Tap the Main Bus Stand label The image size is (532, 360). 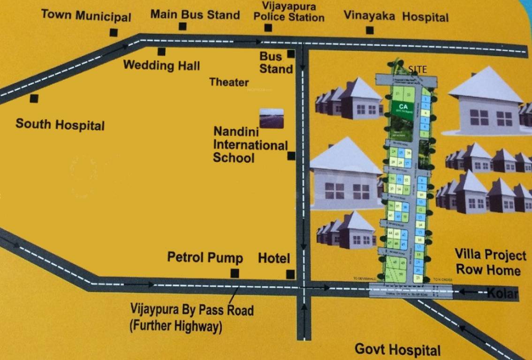coord(195,15)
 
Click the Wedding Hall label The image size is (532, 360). coord(161,65)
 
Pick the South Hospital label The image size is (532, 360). coord(60,125)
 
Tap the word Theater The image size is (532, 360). coord(229,82)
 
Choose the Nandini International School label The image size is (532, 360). coord(249,144)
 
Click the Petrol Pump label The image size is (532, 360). coord(205,258)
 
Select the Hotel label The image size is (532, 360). coord(274,258)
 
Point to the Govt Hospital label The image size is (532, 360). coord(397,349)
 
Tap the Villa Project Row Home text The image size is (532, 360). coord(491,262)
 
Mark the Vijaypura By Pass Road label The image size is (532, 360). coord(192,317)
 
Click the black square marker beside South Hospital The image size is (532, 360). coord(34,98)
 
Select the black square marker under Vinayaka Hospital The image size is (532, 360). coord(370,30)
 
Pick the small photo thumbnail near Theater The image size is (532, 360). coord(272,118)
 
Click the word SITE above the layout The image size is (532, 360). coord(418,69)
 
